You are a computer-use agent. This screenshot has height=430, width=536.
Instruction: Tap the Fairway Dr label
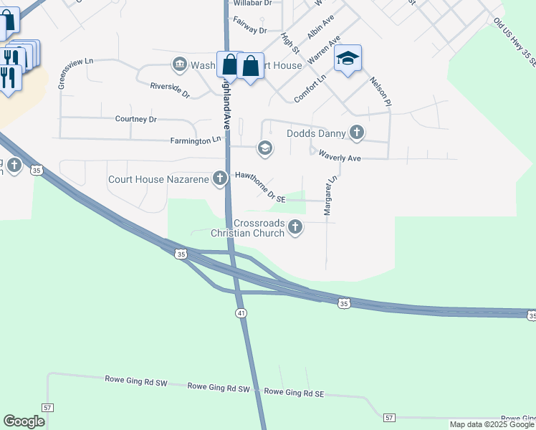point(250,31)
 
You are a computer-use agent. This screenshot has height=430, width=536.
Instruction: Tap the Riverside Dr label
point(170,90)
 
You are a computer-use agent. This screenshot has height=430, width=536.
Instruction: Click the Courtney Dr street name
point(136,119)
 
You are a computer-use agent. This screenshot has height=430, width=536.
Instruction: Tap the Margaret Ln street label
point(330,196)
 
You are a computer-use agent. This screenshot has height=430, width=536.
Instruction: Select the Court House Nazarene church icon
point(221,179)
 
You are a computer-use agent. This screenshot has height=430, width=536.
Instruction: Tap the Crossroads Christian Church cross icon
point(295,227)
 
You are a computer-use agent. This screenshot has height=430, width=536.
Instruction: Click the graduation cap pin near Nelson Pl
point(348,59)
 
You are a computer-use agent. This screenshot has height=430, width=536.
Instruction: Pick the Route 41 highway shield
point(239,314)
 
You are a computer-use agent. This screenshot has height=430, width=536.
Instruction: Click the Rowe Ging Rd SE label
point(295,393)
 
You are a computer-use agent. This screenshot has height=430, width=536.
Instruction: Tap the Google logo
point(24,421)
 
